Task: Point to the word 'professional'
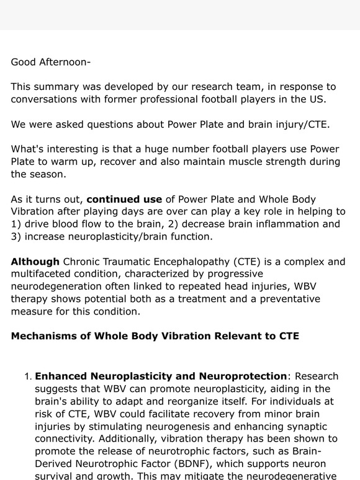click(x=183, y=99)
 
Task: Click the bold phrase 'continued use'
click(x=124, y=199)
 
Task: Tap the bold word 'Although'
click(x=35, y=262)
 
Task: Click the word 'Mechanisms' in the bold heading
click(x=43, y=337)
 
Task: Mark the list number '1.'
click(x=28, y=376)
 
